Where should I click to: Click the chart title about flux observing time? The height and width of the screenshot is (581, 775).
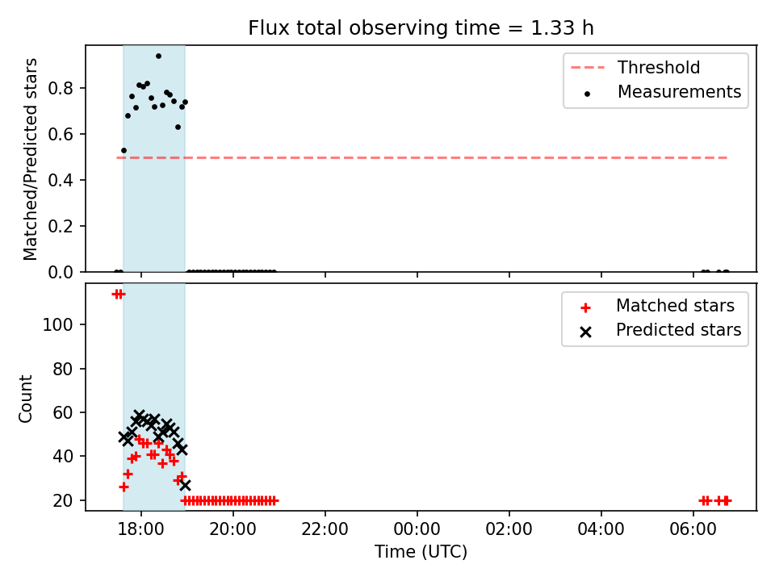pyautogui.click(x=421, y=28)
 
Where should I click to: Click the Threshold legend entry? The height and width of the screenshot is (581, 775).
pyautogui.click(x=635, y=67)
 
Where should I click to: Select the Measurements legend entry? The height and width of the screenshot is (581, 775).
pyautogui.click(x=662, y=92)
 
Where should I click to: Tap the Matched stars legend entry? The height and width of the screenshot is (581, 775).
pyautogui.click(x=657, y=306)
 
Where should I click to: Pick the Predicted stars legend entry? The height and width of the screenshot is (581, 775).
pyautogui.click(x=661, y=330)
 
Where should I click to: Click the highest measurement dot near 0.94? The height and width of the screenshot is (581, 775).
pyautogui.click(x=158, y=56)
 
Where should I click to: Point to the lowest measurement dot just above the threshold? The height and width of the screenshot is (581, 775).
pyautogui.click(x=124, y=151)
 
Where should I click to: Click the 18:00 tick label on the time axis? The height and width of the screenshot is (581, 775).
pyautogui.click(x=140, y=529)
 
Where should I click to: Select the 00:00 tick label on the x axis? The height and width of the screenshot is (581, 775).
pyautogui.click(x=417, y=529)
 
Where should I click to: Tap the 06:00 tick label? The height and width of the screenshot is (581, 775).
pyautogui.click(x=693, y=529)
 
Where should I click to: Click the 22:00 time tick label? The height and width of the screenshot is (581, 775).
pyautogui.click(x=325, y=529)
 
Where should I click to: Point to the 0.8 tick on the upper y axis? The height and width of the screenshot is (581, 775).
pyautogui.click(x=61, y=89)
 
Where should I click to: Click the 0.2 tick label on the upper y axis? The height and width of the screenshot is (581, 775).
pyautogui.click(x=61, y=226)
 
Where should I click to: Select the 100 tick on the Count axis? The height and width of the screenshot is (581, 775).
pyautogui.click(x=58, y=325)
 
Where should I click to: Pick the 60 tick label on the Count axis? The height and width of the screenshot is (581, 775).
pyautogui.click(x=63, y=412)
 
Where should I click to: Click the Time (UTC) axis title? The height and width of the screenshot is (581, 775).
pyautogui.click(x=421, y=552)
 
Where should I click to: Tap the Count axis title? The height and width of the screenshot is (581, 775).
pyautogui.click(x=25, y=399)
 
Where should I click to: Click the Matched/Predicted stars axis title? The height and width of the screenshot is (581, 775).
pyautogui.click(x=30, y=159)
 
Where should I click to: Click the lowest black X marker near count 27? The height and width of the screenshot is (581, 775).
pyautogui.click(x=185, y=485)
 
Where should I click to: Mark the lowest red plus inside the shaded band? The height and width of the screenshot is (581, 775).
pyautogui.click(x=124, y=487)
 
